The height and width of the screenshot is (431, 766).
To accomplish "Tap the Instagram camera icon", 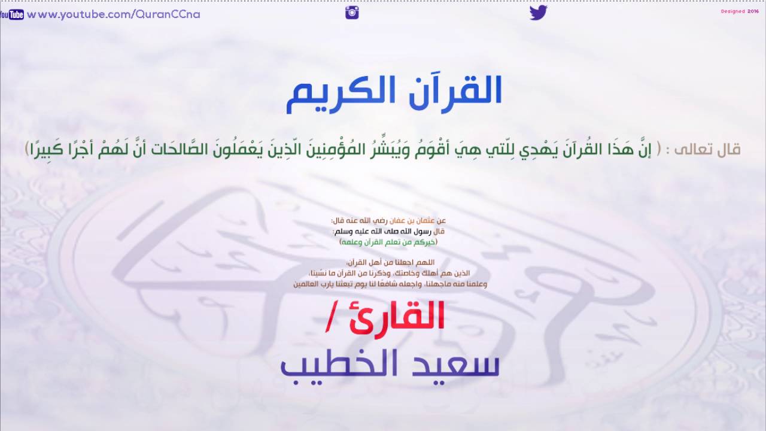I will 352,13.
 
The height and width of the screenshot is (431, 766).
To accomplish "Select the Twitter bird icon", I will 538,13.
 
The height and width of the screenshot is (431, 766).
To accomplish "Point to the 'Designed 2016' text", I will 741,11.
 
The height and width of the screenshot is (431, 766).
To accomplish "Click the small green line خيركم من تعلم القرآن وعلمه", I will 388,242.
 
